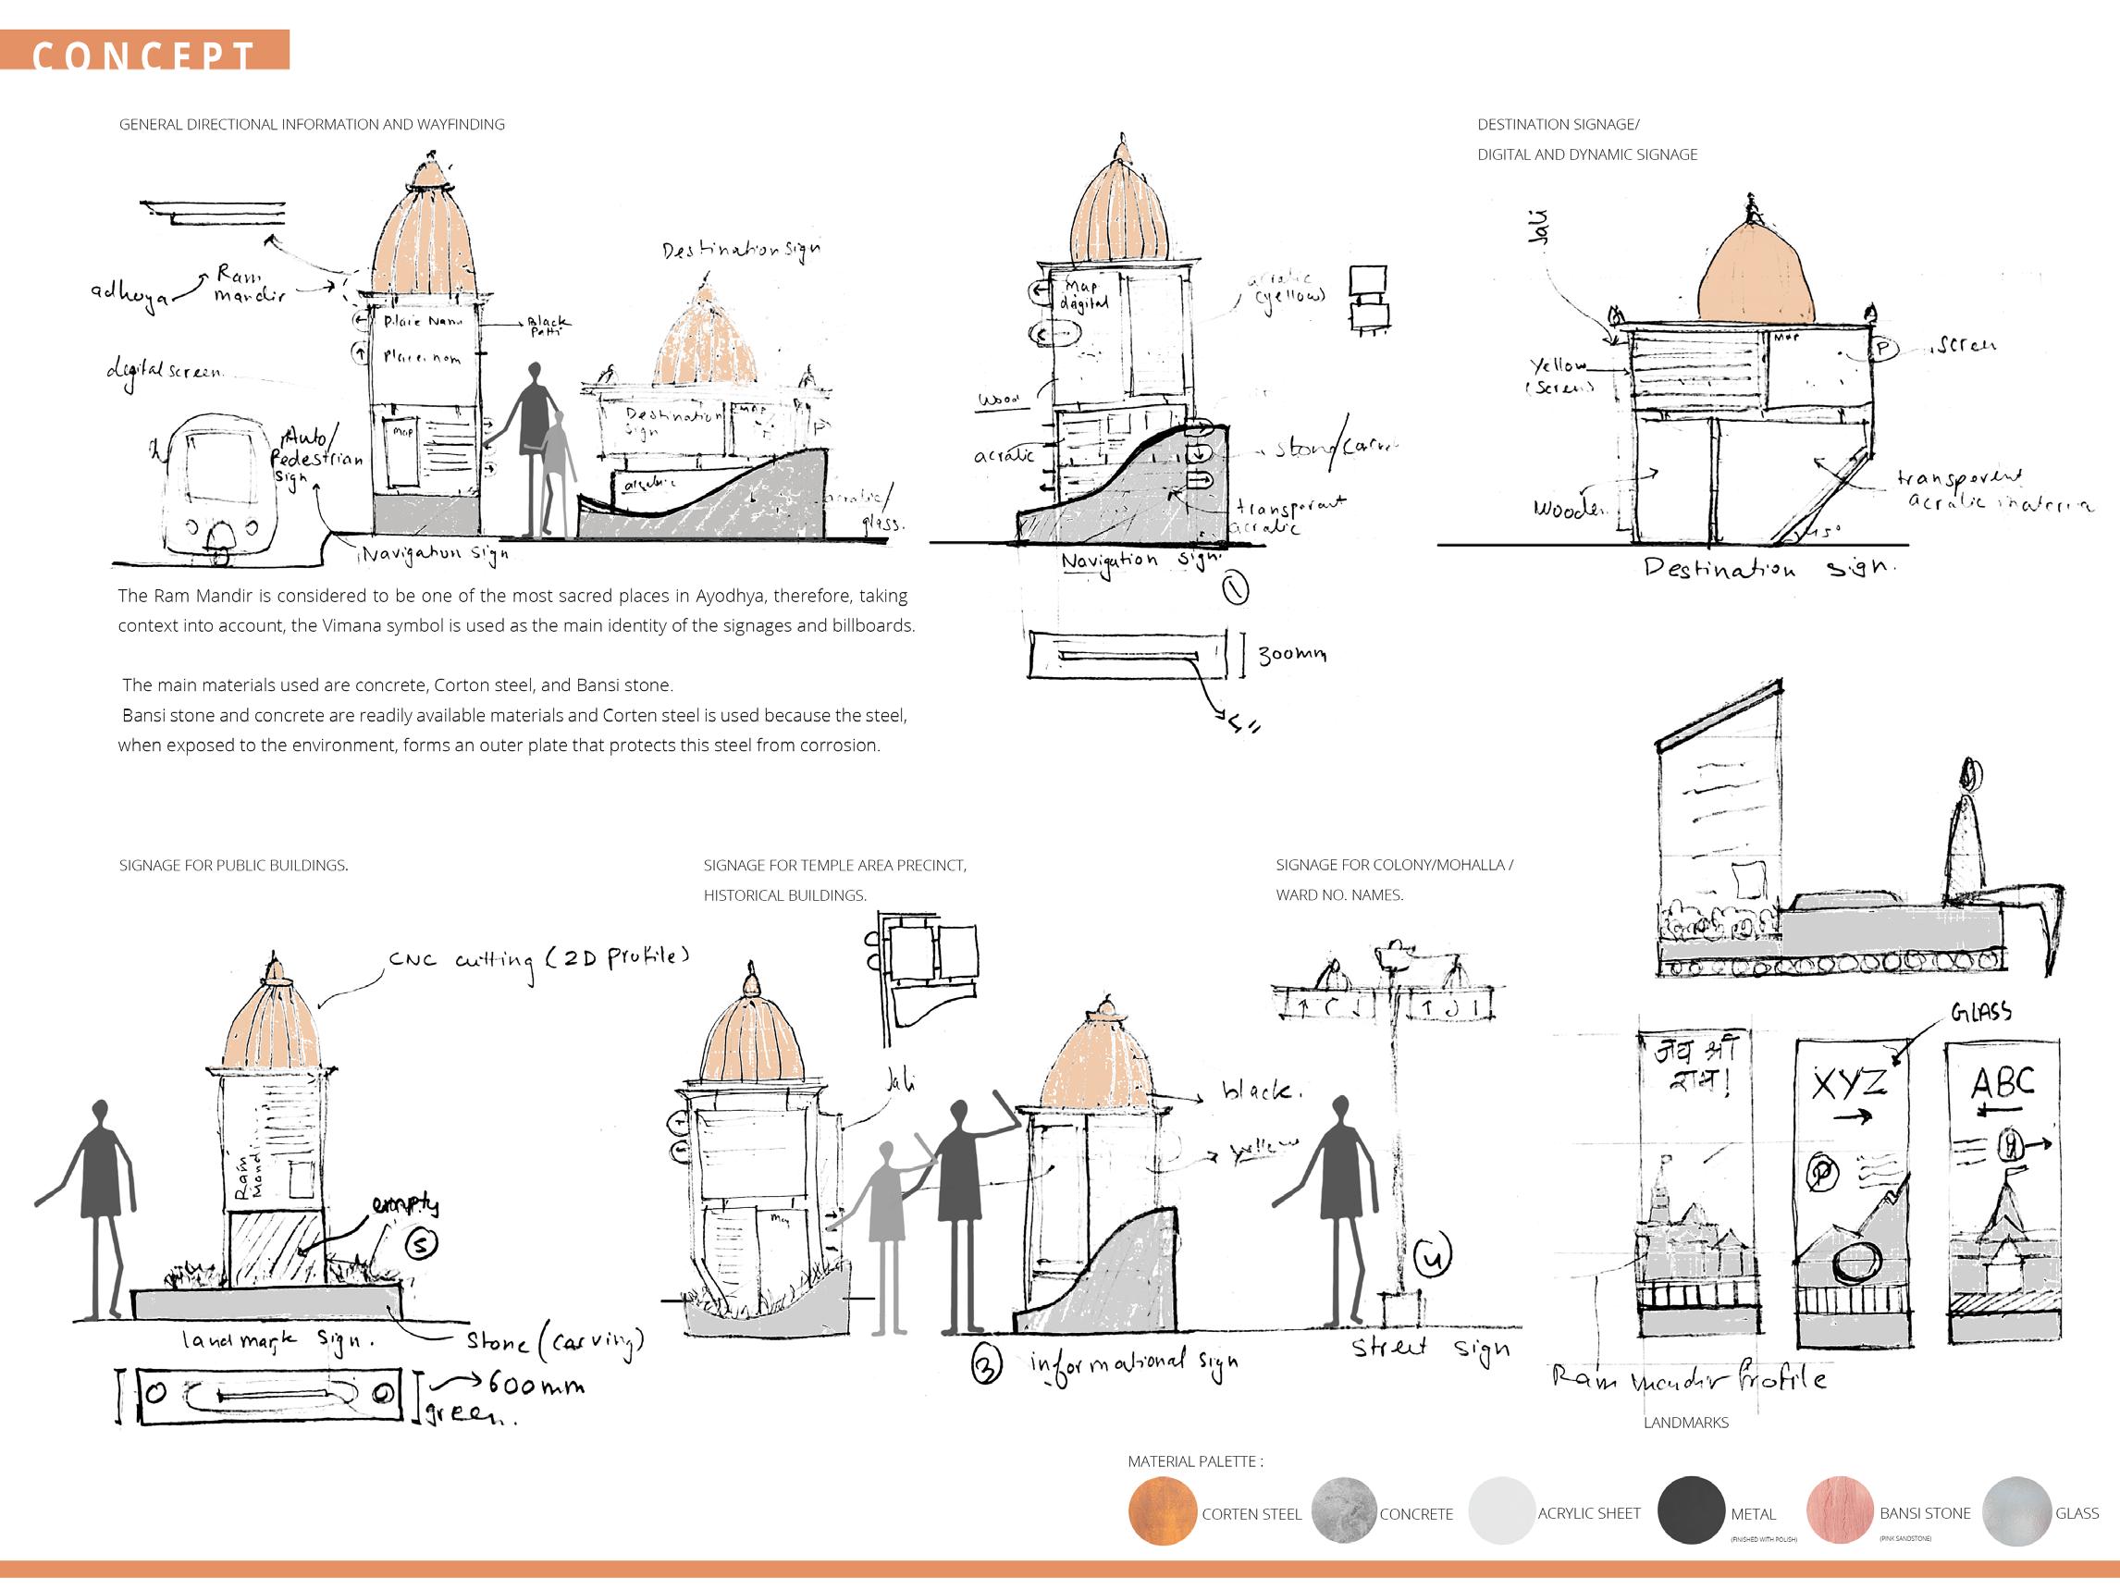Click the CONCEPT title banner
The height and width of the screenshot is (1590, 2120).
(143, 52)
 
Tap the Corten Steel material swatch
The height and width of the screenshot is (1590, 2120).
(1163, 1511)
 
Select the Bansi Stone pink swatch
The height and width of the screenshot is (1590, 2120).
(1839, 1511)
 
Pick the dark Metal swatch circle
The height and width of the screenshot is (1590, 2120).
(1691, 1511)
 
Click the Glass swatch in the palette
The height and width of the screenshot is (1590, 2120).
(2016, 1511)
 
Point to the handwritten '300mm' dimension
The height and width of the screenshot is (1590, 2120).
(1292, 654)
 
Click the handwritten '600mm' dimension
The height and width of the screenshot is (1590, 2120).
(536, 1384)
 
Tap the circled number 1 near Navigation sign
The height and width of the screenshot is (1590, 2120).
(1237, 587)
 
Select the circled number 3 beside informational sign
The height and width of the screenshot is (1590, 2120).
(986, 1365)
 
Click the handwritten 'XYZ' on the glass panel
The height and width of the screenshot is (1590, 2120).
(1849, 1084)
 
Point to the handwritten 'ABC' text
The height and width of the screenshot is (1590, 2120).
(2003, 1083)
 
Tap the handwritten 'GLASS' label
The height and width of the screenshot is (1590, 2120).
(1980, 1012)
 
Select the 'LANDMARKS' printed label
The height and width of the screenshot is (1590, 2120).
(1686, 1423)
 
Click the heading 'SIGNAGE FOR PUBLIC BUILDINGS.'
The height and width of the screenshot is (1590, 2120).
(233, 866)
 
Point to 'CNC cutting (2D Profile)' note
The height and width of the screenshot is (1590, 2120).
(537, 959)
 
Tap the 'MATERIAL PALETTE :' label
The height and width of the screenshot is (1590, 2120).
(1194, 1461)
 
